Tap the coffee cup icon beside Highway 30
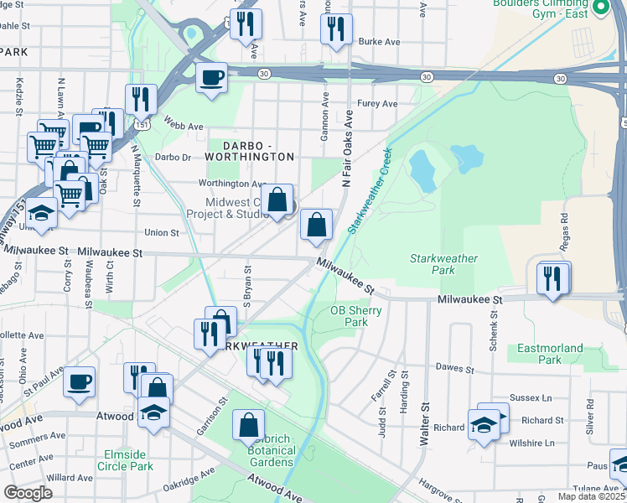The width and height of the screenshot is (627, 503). [211, 78]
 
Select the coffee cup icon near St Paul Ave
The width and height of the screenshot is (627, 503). [80, 382]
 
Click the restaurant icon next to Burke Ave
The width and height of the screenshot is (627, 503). [336, 29]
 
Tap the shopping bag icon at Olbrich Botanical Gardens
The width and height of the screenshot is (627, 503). [249, 425]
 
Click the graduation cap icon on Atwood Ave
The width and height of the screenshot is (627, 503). [153, 412]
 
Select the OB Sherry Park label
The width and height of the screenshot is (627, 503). [356, 316]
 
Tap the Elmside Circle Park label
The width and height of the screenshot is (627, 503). [124, 459]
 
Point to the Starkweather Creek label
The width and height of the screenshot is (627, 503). [370, 192]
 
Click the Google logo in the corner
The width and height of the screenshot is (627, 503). [28, 493]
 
